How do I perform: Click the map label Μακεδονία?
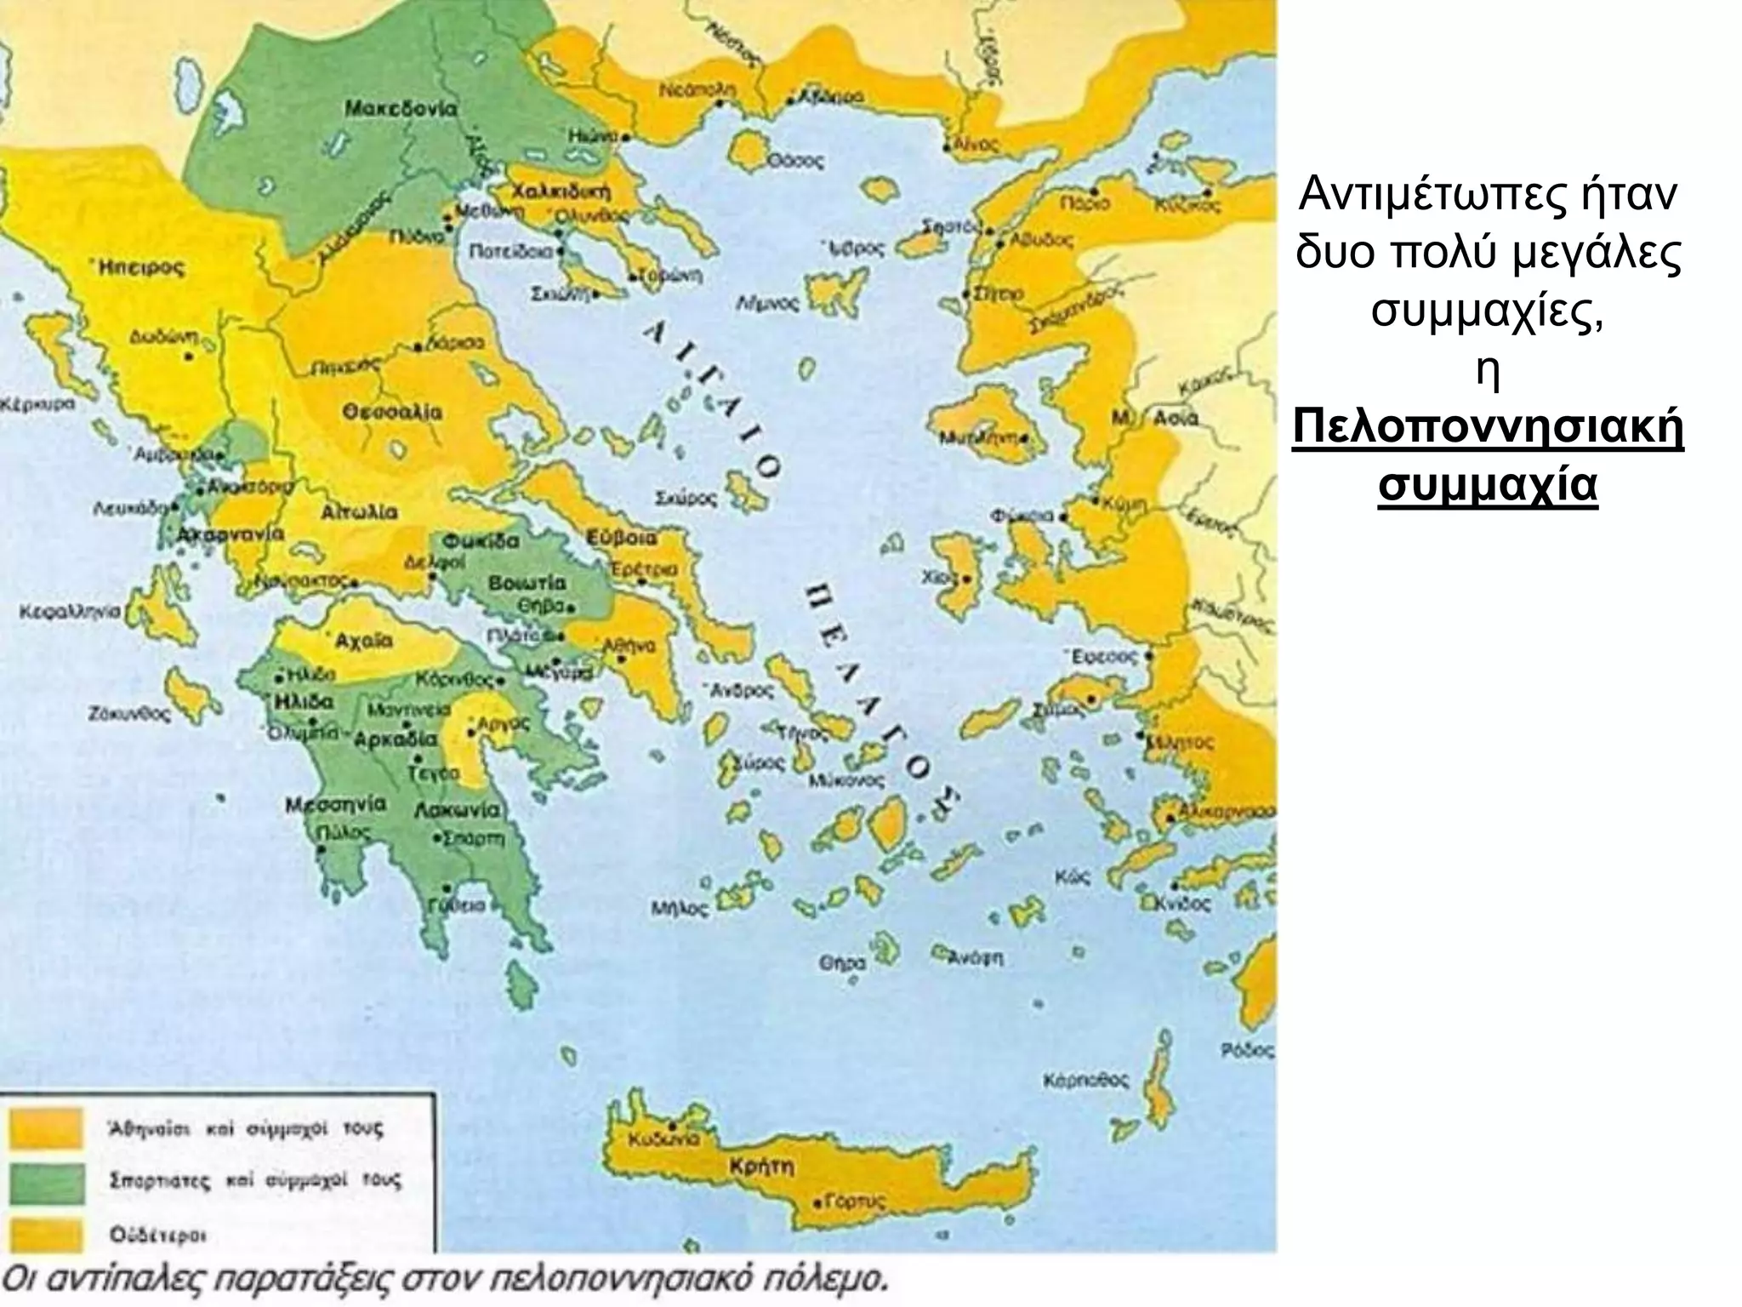click(400, 109)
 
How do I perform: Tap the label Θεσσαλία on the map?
click(392, 413)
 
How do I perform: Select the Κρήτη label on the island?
click(761, 1166)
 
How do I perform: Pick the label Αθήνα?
click(629, 646)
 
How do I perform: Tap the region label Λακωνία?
click(457, 810)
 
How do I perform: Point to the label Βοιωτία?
click(527, 584)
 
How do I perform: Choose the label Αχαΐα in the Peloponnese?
click(363, 641)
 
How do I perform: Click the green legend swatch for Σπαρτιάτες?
click(48, 1183)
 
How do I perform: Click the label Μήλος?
click(680, 909)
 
